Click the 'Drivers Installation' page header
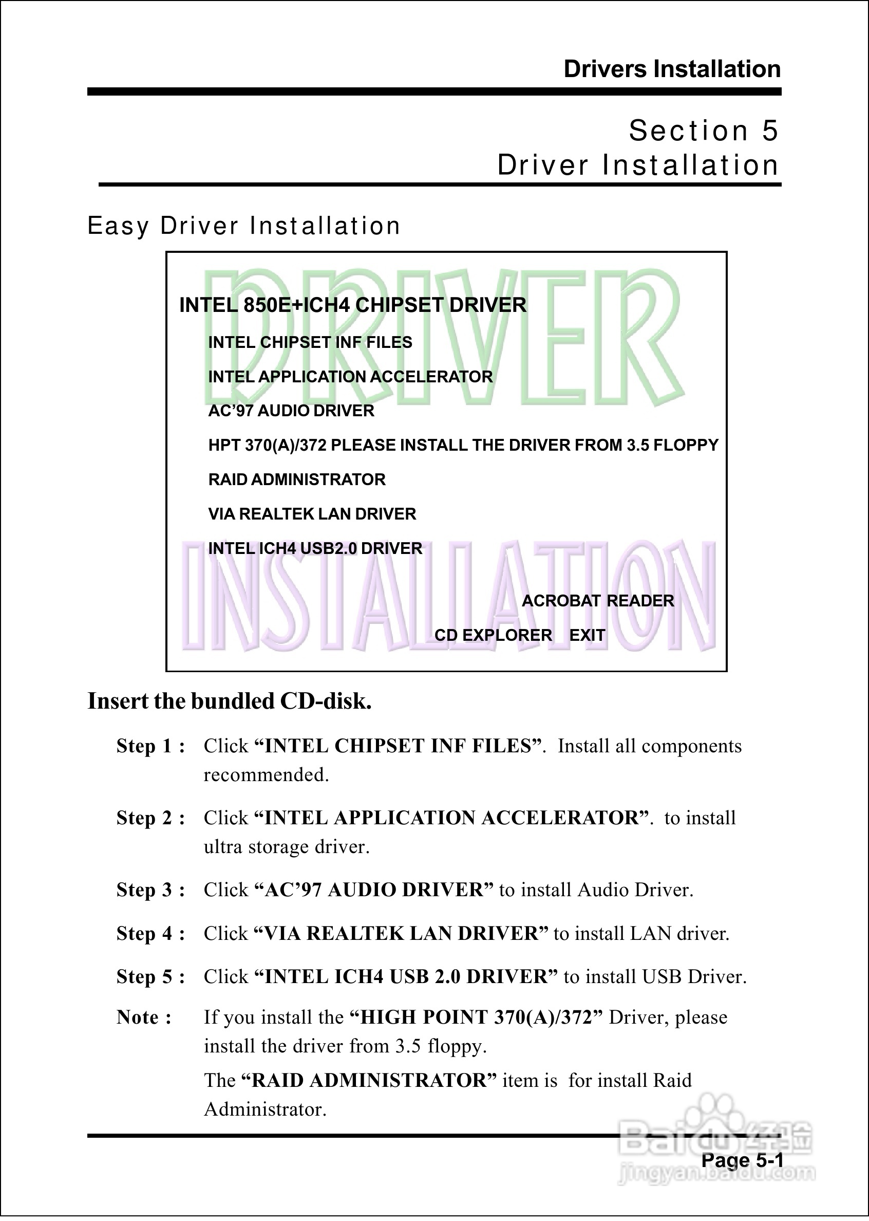pyautogui.click(x=672, y=69)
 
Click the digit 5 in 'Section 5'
pyautogui.click(x=769, y=131)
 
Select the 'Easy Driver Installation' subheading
pyautogui.click(x=243, y=226)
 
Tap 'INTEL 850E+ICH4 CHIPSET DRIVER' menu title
pyautogui.click(x=353, y=305)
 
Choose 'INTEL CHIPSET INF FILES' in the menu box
pyautogui.click(x=310, y=342)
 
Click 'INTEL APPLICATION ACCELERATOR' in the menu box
pyautogui.click(x=350, y=377)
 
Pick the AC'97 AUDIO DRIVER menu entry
pyautogui.click(x=291, y=411)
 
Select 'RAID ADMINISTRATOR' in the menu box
pyautogui.click(x=296, y=479)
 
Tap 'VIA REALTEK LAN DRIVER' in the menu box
pyautogui.click(x=312, y=514)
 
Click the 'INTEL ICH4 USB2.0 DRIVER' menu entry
pyautogui.click(x=315, y=548)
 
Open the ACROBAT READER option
pyautogui.click(x=598, y=601)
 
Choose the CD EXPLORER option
pyautogui.click(x=493, y=635)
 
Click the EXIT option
pyautogui.click(x=587, y=635)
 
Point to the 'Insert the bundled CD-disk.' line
pyautogui.click(x=230, y=701)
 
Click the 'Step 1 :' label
pyautogui.click(x=151, y=746)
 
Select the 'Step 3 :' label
pyautogui.click(x=151, y=890)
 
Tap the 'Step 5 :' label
pyautogui.click(x=151, y=977)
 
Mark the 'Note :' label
pyautogui.click(x=144, y=1017)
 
